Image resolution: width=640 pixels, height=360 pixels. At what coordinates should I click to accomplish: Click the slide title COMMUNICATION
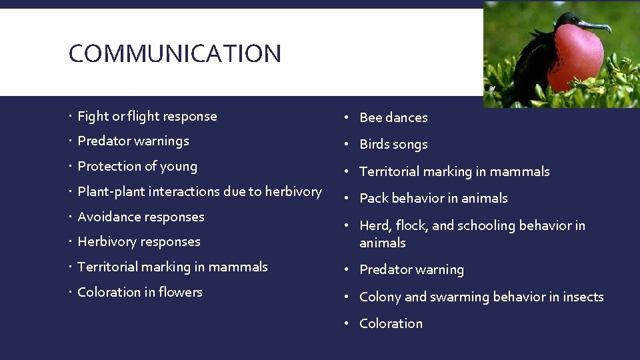(175, 53)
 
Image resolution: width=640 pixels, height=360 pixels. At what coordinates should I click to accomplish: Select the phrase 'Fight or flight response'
(147, 116)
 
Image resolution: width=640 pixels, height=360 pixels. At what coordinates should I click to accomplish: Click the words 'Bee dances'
(393, 117)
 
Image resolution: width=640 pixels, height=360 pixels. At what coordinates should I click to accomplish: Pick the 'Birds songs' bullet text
(393, 144)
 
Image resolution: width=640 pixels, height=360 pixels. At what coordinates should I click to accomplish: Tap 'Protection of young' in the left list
(137, 166)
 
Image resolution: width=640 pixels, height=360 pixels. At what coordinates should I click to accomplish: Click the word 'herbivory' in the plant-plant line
(293, 191)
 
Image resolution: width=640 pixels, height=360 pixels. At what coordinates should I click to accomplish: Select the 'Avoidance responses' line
(141, 217)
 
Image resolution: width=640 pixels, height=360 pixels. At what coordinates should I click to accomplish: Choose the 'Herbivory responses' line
(139, 241)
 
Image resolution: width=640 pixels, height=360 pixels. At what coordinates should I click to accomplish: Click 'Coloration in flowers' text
(140, 292)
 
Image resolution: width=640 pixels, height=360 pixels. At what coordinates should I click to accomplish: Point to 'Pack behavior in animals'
(433, 198)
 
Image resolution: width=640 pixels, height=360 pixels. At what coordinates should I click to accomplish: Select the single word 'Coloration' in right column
(391, 323)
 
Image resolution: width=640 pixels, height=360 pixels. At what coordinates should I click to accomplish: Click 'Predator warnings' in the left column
(133, 141)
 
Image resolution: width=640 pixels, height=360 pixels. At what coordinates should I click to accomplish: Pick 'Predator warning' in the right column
(411, 269)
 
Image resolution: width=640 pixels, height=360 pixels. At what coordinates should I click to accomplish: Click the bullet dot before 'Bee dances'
(347, 117)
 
